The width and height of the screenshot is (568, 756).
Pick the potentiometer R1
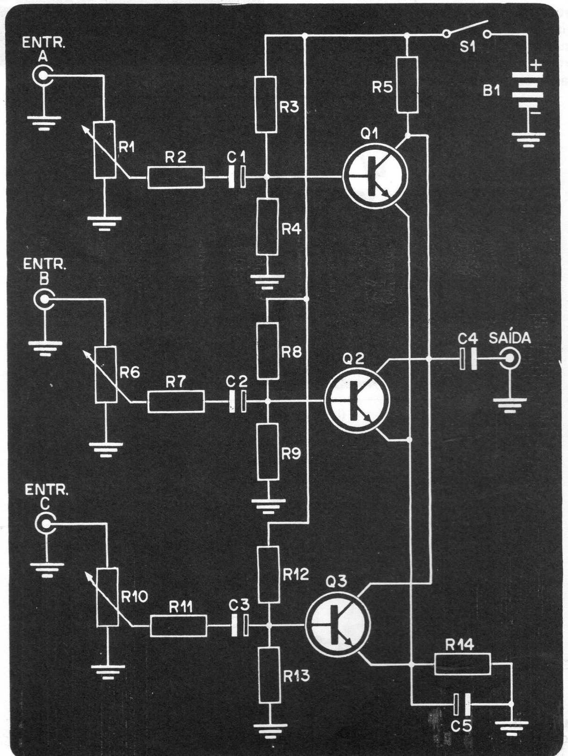point(104,150)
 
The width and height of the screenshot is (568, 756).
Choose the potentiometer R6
point(106,374)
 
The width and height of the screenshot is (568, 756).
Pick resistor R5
point(408,85)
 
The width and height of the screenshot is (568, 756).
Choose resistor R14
point(462,664)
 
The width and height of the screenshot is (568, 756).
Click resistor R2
point(176,178)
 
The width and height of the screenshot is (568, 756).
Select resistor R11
point(178,625)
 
